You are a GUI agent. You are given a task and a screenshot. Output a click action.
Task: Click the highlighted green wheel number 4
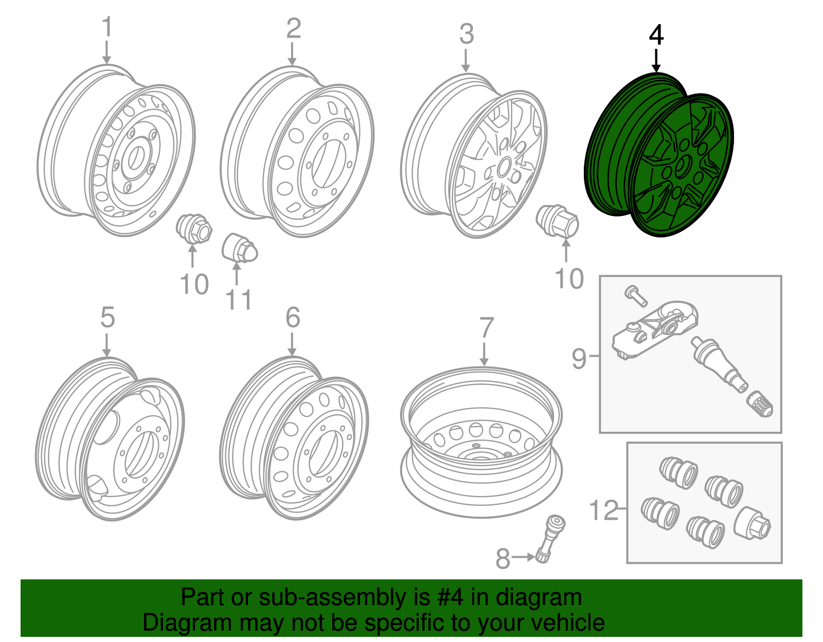658,154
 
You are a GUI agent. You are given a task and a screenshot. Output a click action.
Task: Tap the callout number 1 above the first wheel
106,27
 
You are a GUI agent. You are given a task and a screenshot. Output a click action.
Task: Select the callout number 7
486,328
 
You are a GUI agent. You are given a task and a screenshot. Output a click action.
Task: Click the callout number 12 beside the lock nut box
603,510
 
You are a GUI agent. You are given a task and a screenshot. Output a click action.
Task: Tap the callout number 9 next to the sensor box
579,358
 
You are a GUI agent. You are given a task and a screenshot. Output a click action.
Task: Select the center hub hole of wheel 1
137,157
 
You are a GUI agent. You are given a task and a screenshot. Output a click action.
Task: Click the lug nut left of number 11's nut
194,229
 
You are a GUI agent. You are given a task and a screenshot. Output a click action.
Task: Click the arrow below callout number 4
656,61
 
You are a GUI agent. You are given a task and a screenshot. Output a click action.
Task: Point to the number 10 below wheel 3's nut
569,279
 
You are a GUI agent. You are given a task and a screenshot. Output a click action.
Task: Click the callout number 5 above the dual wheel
107,317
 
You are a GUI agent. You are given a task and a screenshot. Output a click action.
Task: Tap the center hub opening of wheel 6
323,452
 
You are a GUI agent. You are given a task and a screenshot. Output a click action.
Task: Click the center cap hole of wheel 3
504,167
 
